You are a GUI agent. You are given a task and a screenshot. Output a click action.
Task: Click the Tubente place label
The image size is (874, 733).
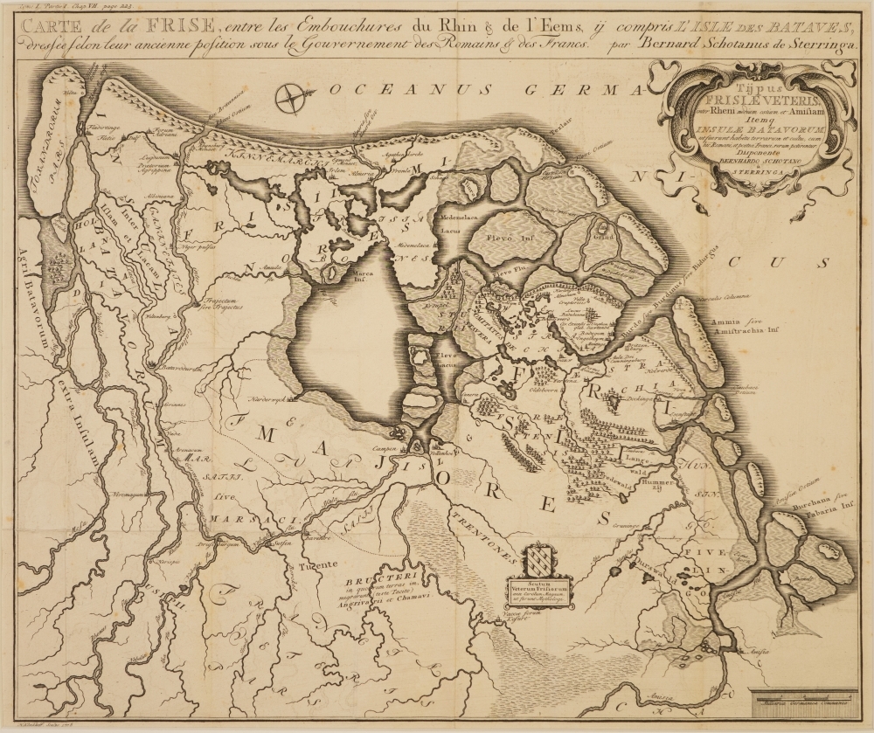point(316,565)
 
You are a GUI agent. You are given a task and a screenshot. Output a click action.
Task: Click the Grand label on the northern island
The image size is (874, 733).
point(602,234)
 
